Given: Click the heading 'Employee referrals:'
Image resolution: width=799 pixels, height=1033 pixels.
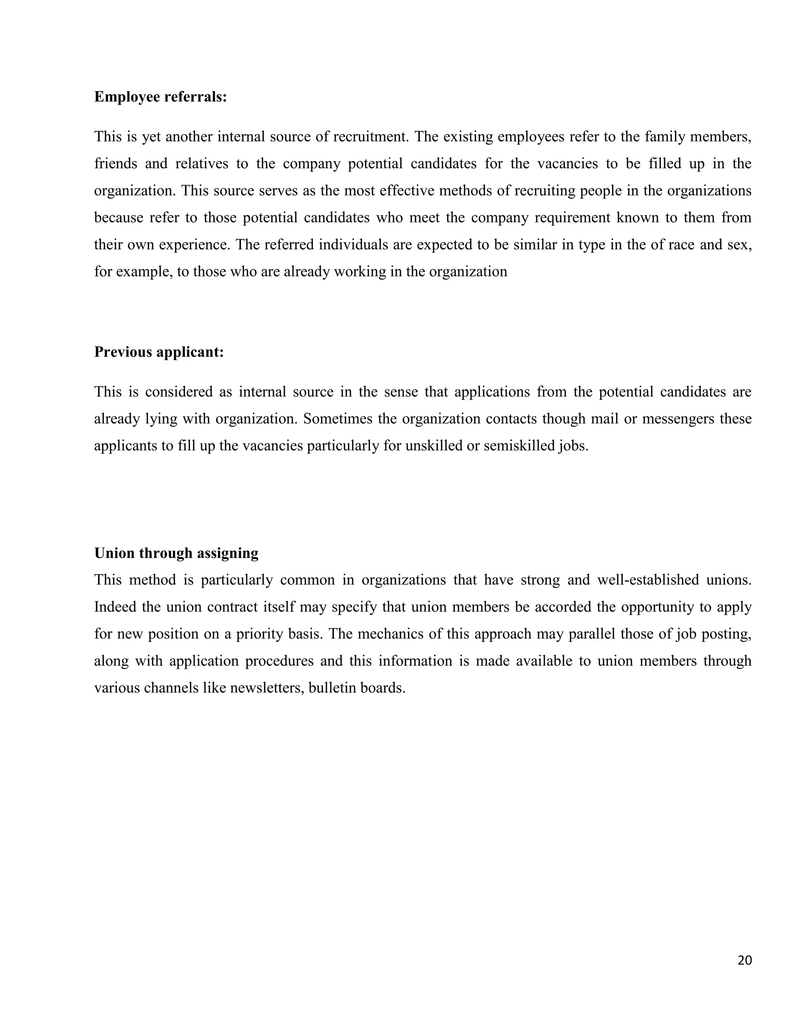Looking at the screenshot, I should coord(160,97).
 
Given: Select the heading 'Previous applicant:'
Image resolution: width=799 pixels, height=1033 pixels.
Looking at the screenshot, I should coord(158,352).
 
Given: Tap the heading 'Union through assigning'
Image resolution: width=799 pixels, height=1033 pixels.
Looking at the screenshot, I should coord(176,553).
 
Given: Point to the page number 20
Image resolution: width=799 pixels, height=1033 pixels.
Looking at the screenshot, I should coord(744,960).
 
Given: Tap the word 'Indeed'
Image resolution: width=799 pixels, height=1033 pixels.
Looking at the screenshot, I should coord(115,607).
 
